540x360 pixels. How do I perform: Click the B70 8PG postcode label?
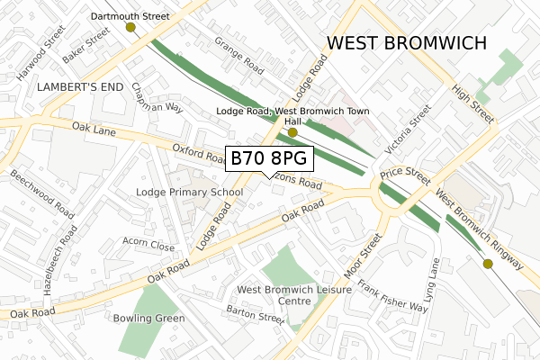point(269,158)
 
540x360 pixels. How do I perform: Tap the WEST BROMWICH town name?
point(407,43)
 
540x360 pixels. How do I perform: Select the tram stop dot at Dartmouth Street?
point(131,28)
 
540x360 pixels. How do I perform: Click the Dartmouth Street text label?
point(130,16)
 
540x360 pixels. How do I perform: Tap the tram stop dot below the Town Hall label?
point(292,133)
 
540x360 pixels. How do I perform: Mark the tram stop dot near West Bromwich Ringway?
point(488,264)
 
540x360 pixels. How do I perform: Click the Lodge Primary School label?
point(189,192)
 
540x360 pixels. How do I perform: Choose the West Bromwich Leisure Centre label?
point(282,295)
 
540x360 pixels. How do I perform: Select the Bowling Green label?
point(149,318)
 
